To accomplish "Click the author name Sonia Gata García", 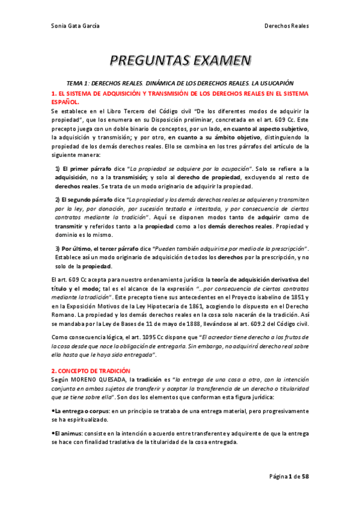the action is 75,26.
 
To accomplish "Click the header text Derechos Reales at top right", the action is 287,26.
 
